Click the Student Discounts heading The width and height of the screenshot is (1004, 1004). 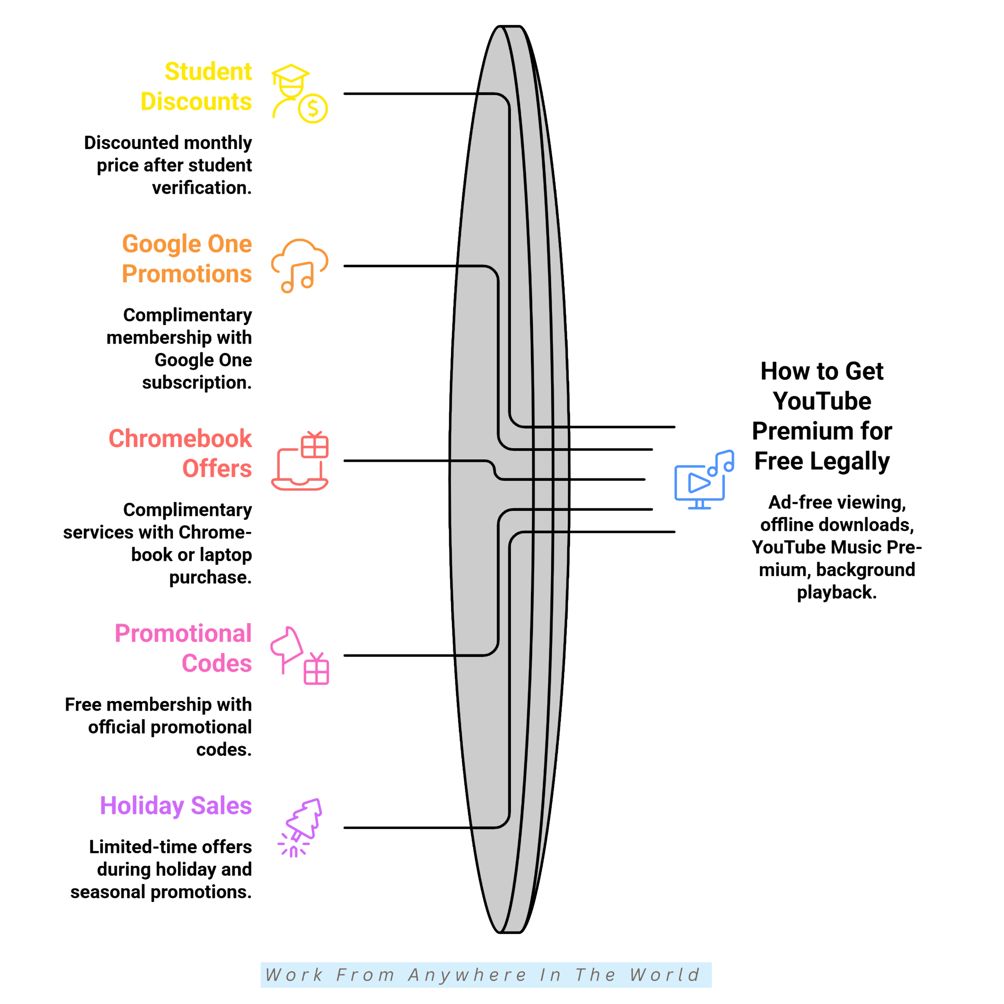197,86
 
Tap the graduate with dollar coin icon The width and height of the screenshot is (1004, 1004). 300,94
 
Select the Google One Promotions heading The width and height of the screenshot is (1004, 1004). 187,259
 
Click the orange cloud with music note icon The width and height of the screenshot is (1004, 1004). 300,266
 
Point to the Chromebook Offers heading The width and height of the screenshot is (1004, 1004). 180,453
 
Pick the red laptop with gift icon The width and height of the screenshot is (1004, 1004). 300,460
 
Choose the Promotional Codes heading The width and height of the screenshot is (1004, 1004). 183,648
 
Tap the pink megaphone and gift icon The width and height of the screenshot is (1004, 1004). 300,655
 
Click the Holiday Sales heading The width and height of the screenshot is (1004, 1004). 176,806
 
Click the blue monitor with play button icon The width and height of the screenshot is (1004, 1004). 704,479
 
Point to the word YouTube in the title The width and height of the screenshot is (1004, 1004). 822,401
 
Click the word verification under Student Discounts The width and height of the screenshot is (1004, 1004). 201,188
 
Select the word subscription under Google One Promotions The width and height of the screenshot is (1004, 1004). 197,383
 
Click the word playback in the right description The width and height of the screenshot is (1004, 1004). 837,592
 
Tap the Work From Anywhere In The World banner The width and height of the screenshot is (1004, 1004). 486,975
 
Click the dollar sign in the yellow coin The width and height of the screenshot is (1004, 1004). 313,109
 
